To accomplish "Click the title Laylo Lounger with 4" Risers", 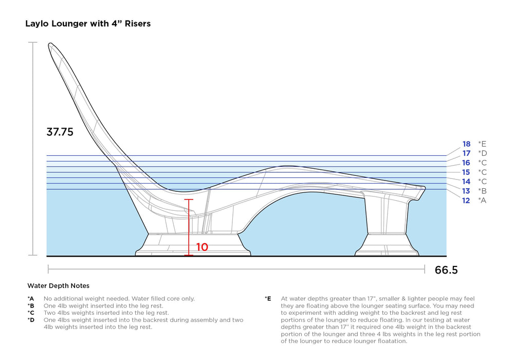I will click(x=88, y=24).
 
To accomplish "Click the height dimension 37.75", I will click(x=60, y=132).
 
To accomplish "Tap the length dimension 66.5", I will click(x=446, y=270).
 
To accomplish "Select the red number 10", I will click(x=201, y=247).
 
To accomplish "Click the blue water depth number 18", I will click(x=466, y=144).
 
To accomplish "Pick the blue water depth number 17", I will click(x=466, y=153).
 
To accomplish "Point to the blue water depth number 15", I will click(x=466, y=172).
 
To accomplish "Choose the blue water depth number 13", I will click(x=466, y=191).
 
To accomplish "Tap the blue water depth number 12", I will click(x=466, y=201).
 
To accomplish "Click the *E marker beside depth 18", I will click(x=482, y=144).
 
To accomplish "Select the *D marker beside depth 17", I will click(x=482, y=153).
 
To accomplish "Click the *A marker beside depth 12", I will click(x=482, y=201).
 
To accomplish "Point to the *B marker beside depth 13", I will click(x=482, y=191).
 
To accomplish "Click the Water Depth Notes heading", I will click(x=58, y=285).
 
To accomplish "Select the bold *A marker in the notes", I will click(x=31, y=298).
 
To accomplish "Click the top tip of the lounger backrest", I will click(x=51, y=46).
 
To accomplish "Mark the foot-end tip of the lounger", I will click(x=424, y=188).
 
